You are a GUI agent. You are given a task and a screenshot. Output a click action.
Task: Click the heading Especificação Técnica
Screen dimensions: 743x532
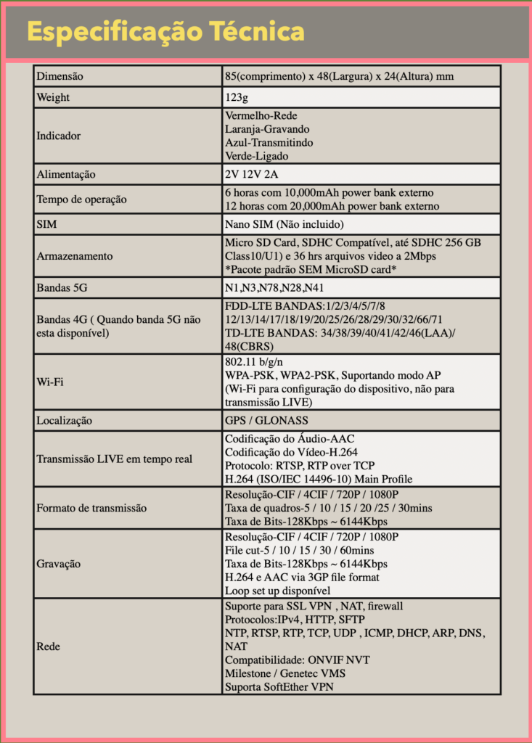point(165,32)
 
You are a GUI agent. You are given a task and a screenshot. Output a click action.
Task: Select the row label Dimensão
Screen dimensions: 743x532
point(60,76)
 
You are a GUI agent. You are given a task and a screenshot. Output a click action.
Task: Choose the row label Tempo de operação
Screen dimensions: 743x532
point(81,200)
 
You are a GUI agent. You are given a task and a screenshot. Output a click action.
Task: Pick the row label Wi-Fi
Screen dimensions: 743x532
point(49,382)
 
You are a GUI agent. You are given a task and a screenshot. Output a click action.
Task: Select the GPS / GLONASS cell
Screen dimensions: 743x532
point(266,420)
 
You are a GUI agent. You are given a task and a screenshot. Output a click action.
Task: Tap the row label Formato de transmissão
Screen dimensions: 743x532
point(91,508)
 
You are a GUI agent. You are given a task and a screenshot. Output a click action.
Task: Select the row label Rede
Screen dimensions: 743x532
point(48,646)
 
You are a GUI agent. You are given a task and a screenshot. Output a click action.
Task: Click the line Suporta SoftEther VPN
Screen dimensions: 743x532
point(279,687)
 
